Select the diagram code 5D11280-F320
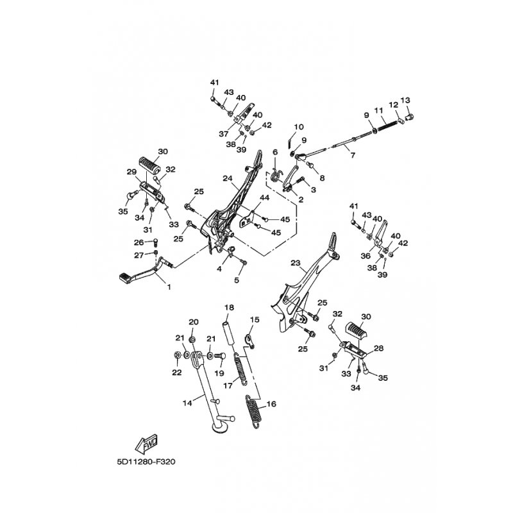pyautogui.click(x=146, y=462)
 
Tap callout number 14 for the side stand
pyautogui.click(x=187, y=403)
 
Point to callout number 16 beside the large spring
pyautogui.click(x=271, y=404)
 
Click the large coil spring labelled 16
pyautogui.click(x=253, y=410)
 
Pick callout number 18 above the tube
pyautogui.click(x=230, y=307)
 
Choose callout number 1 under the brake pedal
pyautogui.click(x=169, y=287)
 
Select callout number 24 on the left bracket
pyautogui.click(x=228, y=178)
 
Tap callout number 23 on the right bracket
pyautogui.click(x=295, y=263)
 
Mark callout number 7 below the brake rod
pyautogui.click(x=353, y=155)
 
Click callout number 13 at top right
pyautogui.click(x=405, y=100)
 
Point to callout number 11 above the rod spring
pyautogui.click(x=378, y=110)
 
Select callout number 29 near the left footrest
pyautogui.click(x=131, y=172)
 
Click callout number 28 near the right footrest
pyautogui.click(x=378, y=348)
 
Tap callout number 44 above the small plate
pyautogui.click(x=264, y=198)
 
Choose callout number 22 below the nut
pyautogui.click(x=177, y=373)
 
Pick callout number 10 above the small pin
pyautogui.click(x=299, y=126)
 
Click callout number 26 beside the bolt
pyautogui.click(x=139, y=242)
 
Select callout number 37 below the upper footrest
pyautogui.click(x=224, y=134)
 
